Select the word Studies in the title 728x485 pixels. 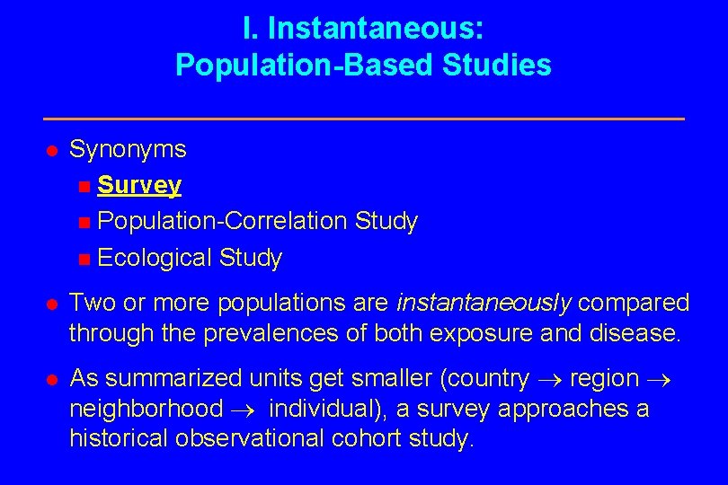click(x=507, y=66)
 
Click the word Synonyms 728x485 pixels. click(x=128, y=149)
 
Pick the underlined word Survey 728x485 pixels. click(x=139, y=186)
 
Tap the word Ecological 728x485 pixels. click(x=155, y=259)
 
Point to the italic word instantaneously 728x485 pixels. click(x=483, y=304)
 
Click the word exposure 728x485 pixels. click(x=474, y=333)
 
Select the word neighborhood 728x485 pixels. click(x=146, y=410)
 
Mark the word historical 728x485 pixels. click(x=121, y=440)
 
